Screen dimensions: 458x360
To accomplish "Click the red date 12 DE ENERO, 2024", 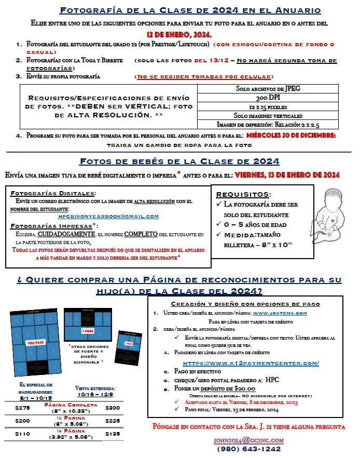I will tap(179, 34).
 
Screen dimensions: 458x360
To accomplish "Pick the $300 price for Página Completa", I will tap(113, 409).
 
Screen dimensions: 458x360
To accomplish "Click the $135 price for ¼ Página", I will tap(113, 433).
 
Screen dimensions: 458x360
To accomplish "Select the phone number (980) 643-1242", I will tap(249, 449).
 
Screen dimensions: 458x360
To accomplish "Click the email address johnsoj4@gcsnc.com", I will tap(249, 440).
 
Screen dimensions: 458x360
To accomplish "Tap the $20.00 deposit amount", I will tap(243, 388).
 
